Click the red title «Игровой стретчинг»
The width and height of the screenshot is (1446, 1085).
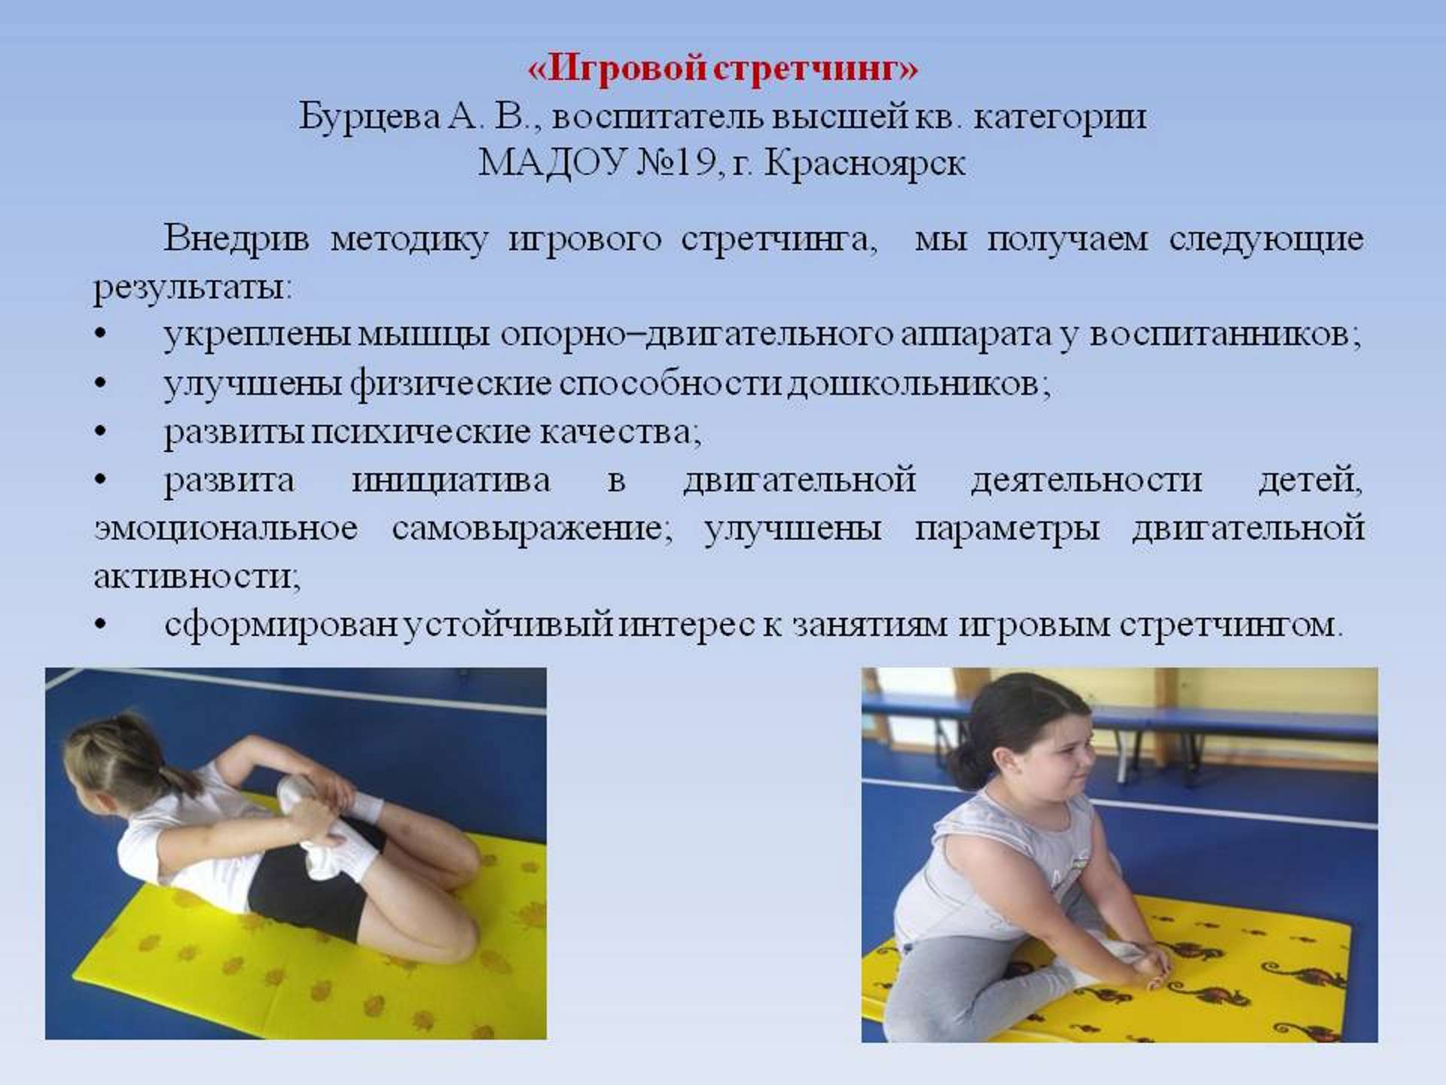[723, 68]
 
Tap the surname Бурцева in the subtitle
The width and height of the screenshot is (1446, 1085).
[370, 118]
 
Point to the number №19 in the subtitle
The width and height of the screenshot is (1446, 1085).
[676, 163]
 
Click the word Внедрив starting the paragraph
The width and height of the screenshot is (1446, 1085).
[236, 239]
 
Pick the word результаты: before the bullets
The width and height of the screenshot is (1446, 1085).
[193, 289]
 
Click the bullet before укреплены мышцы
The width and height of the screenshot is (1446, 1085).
[101, 334]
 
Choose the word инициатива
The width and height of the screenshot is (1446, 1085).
[451, 481]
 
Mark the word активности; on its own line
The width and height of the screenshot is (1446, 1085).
[197, 577]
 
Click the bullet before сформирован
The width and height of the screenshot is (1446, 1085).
[101, 625]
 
